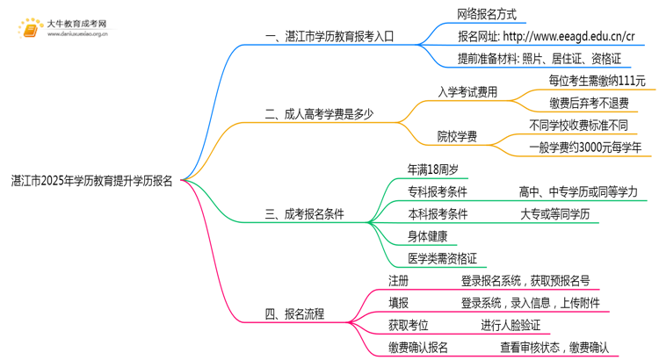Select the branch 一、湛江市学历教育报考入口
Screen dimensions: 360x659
(329, 37)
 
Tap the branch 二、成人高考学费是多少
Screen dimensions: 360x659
(318, 113)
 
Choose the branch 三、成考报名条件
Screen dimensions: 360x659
(304, 213)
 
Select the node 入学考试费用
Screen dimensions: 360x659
(467, 90)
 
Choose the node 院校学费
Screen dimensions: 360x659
(457, 136)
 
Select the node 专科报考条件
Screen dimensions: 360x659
(438, 191)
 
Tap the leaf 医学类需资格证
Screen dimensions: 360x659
(442, 258)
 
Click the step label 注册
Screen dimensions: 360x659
(399, 281)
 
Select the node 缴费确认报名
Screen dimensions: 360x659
(418, 348)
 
